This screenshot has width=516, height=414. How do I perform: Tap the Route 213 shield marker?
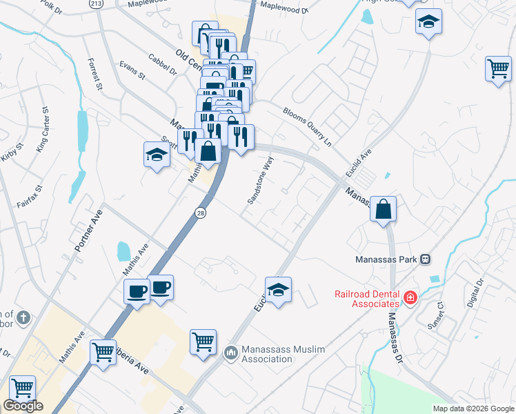pyautogui.click(x=95, y=3)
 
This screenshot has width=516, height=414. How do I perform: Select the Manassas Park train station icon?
pyautogui.click(x=426, y=259)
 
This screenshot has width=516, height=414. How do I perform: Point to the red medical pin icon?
pyautogui.click(x=410, y=297)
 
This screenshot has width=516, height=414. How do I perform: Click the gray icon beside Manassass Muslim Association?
pyautogui.click(x=230, y=353)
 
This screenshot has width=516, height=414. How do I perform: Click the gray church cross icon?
pyautogui.click(x=23, y=318)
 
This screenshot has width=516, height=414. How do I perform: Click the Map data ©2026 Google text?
pyautogui.click(x=473, y=408)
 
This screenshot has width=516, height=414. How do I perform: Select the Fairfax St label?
pyautogui.click(x=30, y=197)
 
